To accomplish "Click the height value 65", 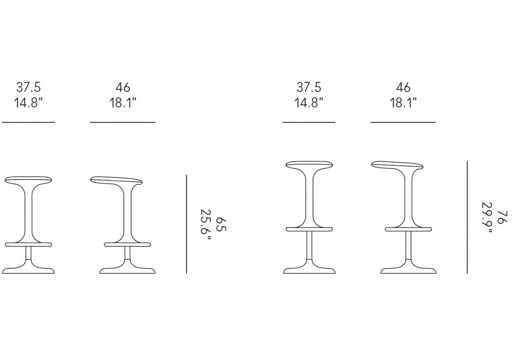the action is [x=221, y=224].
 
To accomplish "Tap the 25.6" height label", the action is [x=206, y=225].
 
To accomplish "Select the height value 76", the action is [x=502, y=218].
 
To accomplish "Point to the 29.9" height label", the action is [x=487, y=218].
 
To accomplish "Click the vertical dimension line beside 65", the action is [x=187, y=224].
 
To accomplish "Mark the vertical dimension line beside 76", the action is [x=467, y=217].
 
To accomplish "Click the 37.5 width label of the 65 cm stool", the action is [x=28, y=87].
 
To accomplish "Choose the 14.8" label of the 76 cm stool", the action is [x=309, y=103].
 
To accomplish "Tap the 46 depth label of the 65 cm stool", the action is [x=123, y=87].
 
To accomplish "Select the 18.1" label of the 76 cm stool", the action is [x=403, y=103].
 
